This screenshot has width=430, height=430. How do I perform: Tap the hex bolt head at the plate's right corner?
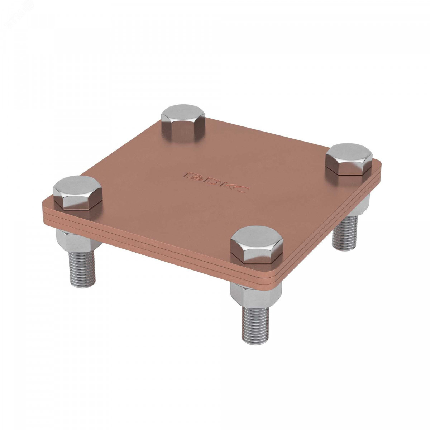(349, 159)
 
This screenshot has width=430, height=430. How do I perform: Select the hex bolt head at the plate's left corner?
(78, 192)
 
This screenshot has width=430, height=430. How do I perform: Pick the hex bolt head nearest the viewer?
(257, 245)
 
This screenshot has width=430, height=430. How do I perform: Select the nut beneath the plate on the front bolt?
(256, 296)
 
